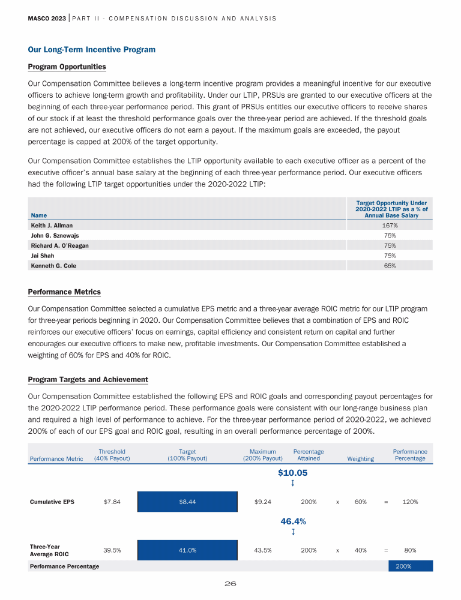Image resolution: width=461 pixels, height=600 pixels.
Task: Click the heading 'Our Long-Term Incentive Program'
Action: click(92, 50)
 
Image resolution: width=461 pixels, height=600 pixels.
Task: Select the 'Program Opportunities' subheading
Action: click(67, 67)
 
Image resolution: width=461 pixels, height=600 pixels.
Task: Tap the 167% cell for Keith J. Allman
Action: click(390, 226)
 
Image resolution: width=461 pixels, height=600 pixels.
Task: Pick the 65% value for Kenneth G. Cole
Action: click(390, 265)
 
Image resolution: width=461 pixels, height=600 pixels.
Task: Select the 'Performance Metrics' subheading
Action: click(64, 292)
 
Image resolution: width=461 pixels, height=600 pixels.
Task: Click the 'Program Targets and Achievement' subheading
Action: click(88, 380)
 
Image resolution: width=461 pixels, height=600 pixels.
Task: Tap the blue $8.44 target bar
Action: click(187, 502)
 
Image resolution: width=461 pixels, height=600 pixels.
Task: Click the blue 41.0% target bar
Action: click(187, 550)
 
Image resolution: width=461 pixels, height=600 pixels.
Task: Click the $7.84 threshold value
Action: click(112, 502)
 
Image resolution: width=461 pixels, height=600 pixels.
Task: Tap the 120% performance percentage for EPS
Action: click(409, 502)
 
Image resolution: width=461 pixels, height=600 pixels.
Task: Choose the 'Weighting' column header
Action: click(360, 459)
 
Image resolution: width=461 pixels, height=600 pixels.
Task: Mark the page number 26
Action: click(230, 584)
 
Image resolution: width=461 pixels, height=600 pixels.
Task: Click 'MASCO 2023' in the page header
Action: click(47, 18)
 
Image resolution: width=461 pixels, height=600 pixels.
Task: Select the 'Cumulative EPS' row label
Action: click(52, 502)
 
